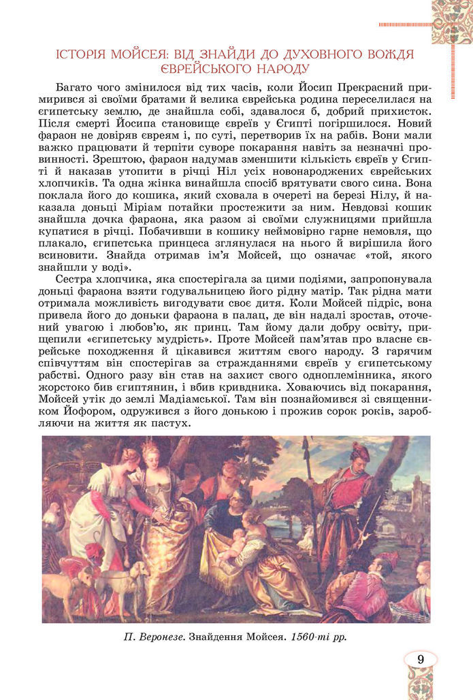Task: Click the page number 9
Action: pos(420,659)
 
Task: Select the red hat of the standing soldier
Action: pos(360,450)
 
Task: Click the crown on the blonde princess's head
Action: pos(148,444)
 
